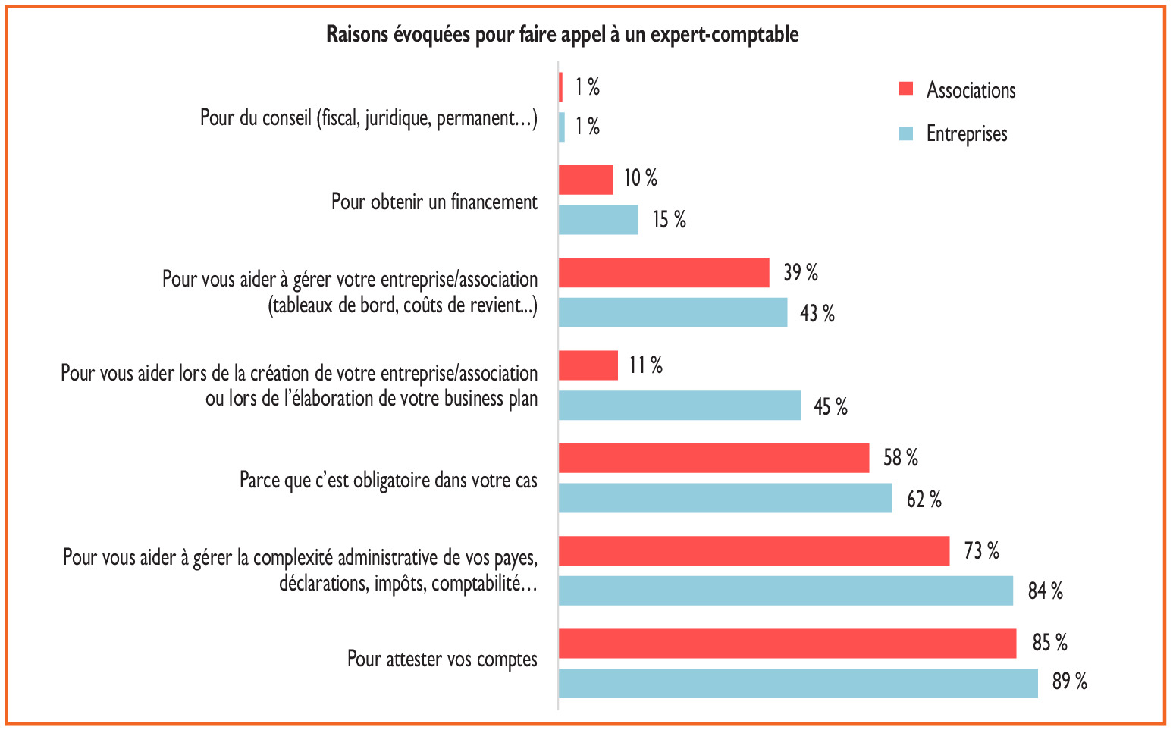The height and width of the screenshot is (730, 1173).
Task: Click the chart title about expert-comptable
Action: (x=562, y=35)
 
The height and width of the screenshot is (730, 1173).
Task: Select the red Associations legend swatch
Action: (x=905, y=89)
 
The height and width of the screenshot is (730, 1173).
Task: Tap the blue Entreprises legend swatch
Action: (x=905, y=133)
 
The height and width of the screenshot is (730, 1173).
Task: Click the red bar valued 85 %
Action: (x=787, y=643)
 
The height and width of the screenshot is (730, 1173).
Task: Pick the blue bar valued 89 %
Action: (x=798, y=683)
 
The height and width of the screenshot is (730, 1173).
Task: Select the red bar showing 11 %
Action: (x=588, y=365)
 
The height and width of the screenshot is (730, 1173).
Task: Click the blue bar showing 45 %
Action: (x=679, y=406)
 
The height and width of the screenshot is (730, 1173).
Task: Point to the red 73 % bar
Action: (x=754, y=550)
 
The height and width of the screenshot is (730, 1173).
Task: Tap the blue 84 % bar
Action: (x=786, y=591)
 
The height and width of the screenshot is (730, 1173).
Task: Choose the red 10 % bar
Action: (x=585, y=180)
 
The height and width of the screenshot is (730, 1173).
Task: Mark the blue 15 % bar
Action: (x=598, y=220)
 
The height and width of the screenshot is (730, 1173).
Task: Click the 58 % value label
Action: (x=900, y=458)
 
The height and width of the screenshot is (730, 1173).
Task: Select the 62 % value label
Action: (x=924, y=500)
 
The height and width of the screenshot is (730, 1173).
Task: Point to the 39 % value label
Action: (x=800, y=273)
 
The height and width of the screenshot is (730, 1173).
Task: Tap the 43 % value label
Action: (x=817, y=313)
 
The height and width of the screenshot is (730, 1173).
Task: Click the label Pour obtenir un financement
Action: (x=434, y=202)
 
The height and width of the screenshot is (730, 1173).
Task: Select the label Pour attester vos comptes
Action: (x=442, y=659)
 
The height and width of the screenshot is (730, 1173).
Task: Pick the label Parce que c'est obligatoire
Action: (x=388, y=481)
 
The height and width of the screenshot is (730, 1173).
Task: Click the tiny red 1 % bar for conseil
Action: (x=561, y=87)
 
